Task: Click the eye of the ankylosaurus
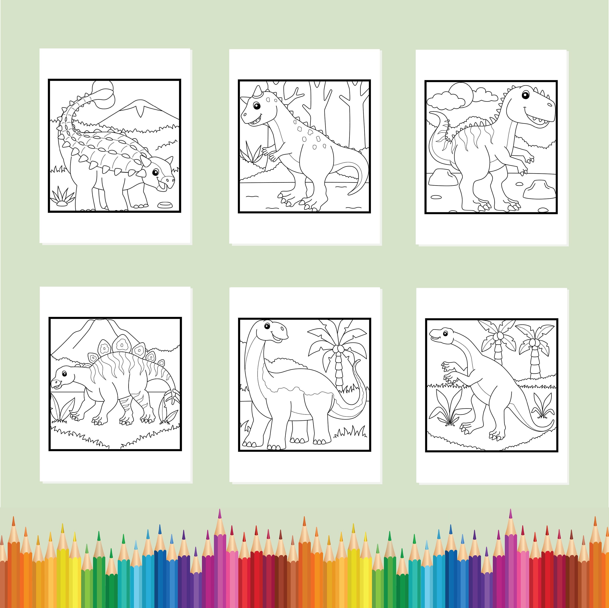tap(155, 172)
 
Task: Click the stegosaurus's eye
tap(64, 374)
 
